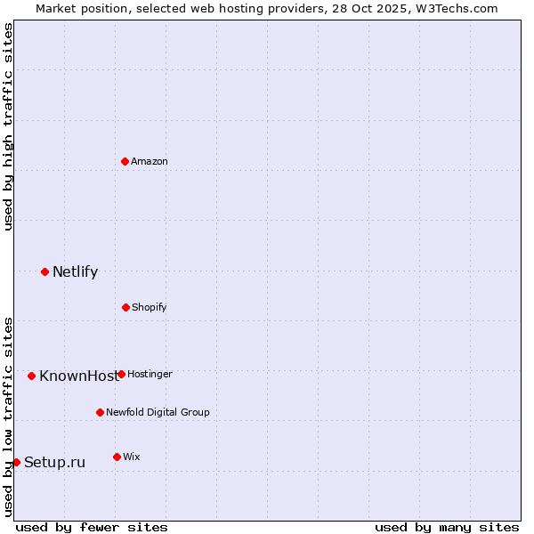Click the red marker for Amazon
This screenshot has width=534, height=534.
click(125, 161)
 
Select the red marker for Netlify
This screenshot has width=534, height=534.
click(44, 271)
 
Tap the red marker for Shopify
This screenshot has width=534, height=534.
click(125, 307)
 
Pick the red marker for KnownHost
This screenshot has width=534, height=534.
click(31, 376)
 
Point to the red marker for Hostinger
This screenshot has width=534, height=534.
click(121, 374)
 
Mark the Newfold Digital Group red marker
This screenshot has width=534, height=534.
click(100, 412)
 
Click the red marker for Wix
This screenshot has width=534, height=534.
click(117, 457)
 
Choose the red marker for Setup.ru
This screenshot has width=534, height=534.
click(16, 462)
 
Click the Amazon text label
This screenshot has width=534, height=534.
click(150, 161)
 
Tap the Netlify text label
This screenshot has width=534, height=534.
click(75, 271)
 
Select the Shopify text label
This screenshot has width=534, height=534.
click(150, 307)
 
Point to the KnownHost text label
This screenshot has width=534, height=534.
click(77, 376)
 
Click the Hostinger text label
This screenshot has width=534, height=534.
click(150, 374)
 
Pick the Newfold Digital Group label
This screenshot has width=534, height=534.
click(158, 412)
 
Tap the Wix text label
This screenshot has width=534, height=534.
click(132, 457)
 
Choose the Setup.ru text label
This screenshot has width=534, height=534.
click(54, 462)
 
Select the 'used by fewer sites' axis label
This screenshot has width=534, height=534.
click(92, 527)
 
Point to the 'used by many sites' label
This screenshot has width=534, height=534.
click(447, 527)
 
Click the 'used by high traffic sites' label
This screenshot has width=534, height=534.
click(8, 126)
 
